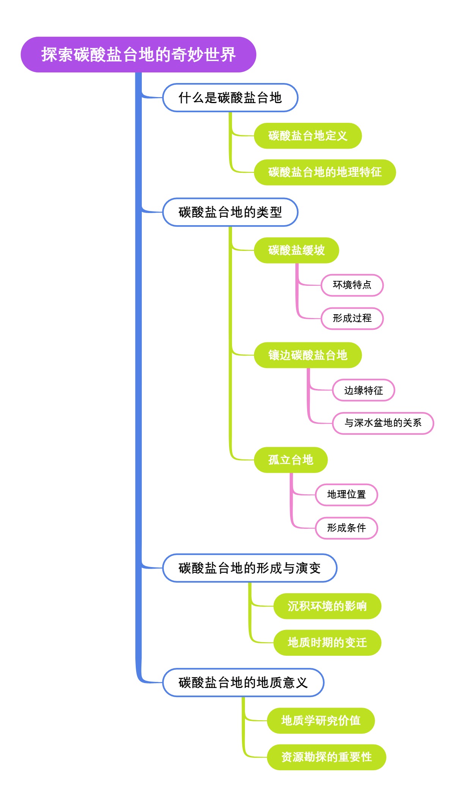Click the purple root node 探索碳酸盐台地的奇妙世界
(138, 55)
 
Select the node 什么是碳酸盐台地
(230, 98)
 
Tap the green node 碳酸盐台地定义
(308, 136)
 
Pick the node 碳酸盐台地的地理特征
(325, 172)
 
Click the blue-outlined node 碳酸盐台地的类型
(230, 212)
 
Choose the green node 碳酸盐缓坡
(296, 250)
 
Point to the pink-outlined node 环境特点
(352, 285)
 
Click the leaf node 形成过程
(352, 318)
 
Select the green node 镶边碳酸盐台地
(308, 355)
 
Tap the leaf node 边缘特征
(363, 390)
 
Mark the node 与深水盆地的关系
(383, 423)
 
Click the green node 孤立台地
(290, 460)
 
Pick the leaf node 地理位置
(346, 495)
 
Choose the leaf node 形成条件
(346, 528)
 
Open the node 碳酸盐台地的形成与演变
(249, 568)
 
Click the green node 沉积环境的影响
(327, 606)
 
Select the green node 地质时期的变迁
(327, 642)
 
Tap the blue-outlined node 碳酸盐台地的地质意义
(243, 683)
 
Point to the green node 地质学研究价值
(321, 721)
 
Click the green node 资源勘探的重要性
(326, 757)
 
